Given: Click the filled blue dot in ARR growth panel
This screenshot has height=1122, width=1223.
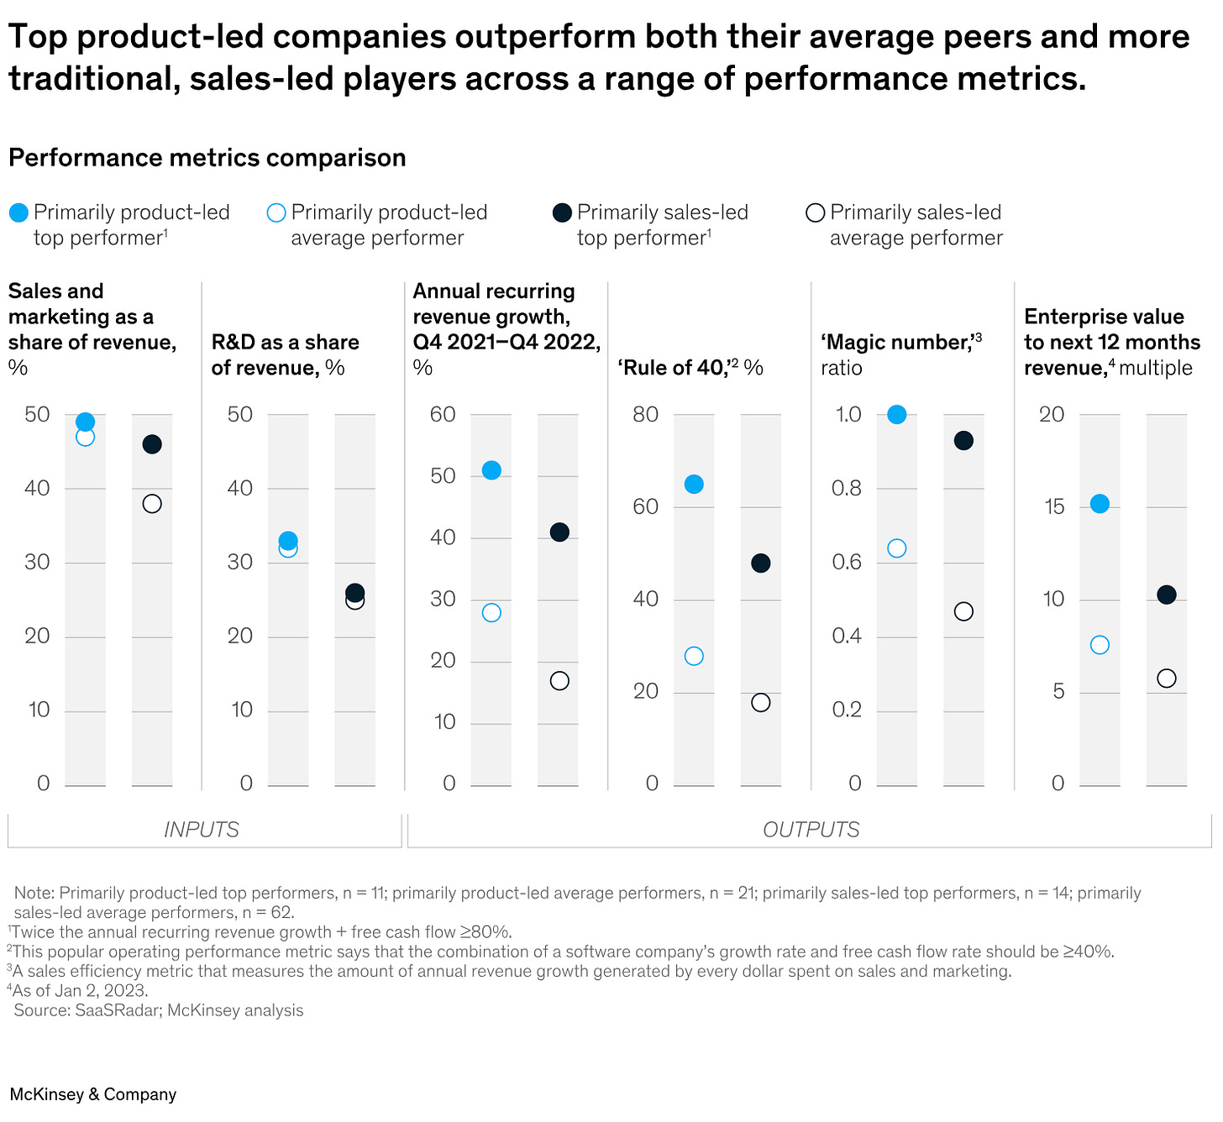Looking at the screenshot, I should [x=491, y=470].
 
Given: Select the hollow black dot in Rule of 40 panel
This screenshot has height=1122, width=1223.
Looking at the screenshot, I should [x=760, y=702].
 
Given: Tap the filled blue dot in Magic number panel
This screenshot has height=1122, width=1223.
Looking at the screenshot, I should [x=896, y=414].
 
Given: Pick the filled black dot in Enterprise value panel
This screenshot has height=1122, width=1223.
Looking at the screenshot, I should [x=1166, y=595].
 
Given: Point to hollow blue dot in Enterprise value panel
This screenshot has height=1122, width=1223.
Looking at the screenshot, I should [x=1099, y=645].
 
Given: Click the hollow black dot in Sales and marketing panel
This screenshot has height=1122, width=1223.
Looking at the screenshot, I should [x=152, y=504].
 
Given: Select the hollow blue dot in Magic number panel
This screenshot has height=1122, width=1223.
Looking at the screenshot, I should [x=896, y=548].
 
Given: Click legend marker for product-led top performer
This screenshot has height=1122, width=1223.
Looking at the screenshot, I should [x=18, y=213].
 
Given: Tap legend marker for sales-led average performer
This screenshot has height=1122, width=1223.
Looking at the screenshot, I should [x=815, y=213].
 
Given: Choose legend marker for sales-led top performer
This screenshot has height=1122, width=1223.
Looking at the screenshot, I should [x=562, y=213].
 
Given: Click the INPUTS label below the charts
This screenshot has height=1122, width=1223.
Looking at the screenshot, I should [x=202, y=830].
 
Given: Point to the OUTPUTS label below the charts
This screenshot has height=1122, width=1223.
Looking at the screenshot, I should [x=811, y=830].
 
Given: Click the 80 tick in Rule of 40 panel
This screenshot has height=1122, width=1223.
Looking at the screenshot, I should [x=645, y=414].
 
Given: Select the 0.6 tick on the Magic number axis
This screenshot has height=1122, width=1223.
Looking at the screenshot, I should [x=847, y=562].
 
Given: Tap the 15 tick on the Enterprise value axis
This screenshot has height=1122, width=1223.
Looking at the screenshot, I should [x=1051, y=506].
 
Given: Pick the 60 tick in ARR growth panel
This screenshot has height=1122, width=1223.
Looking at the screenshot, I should [x=443, y=414].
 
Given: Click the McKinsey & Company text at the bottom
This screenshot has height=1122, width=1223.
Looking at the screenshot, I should [x=93, y=1094].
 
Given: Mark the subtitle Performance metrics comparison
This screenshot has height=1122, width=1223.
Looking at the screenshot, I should [x=207, y=158].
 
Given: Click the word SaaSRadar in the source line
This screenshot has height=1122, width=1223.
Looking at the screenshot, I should [x=117, y=1010].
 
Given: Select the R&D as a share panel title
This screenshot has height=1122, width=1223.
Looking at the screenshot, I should [x=285, y=354].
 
